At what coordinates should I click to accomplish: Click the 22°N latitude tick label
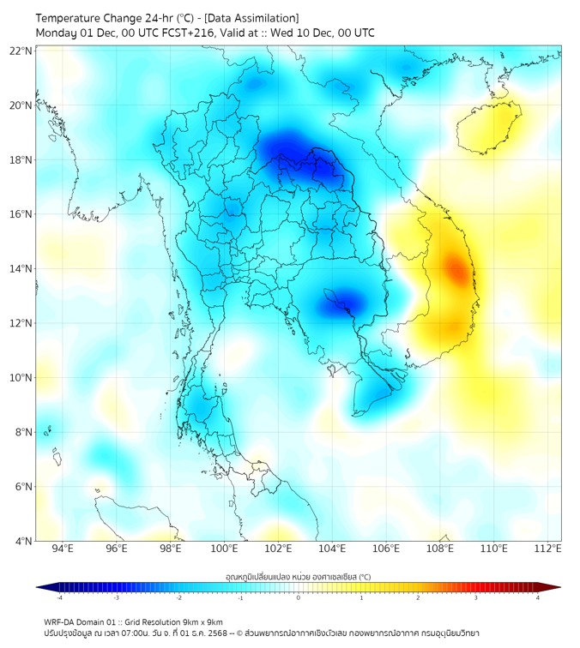tap(21, 51)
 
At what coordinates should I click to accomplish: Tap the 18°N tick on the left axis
tap(21, 160)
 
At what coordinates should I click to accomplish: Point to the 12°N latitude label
tap(21, 323)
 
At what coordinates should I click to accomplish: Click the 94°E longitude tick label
tap(63, 549)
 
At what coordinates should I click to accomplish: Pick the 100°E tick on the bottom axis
tap(225, 549)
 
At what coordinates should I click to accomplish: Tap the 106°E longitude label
tap(386, 549)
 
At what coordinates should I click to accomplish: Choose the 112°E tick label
tap(548, 549)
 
